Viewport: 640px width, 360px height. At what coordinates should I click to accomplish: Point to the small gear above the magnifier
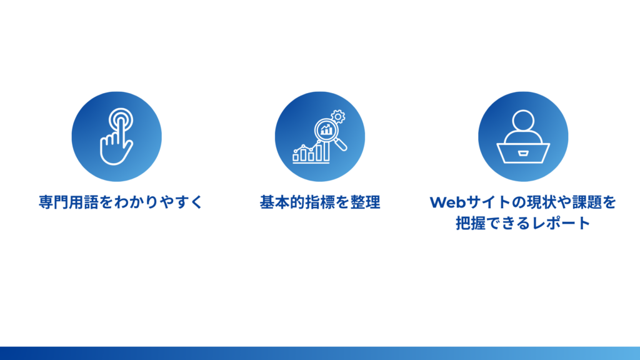[338, 116]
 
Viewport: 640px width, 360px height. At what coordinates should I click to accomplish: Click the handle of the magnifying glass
[341, 146]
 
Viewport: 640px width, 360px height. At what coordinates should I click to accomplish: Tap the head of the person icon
[522, 122]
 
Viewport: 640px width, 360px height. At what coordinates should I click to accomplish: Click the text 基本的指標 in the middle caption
[297, 202]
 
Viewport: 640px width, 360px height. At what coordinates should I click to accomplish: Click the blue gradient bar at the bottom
[320, 353]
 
